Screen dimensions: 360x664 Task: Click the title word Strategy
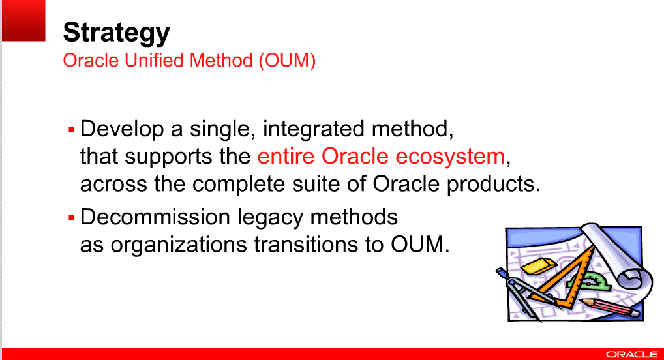[x=116, y=32]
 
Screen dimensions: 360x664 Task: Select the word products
[x=492, y=185]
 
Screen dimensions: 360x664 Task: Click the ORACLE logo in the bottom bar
[x=631, y=354]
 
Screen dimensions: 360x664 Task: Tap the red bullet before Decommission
[x=72, y=217]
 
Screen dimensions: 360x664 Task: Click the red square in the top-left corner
[x=23, y=20]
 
